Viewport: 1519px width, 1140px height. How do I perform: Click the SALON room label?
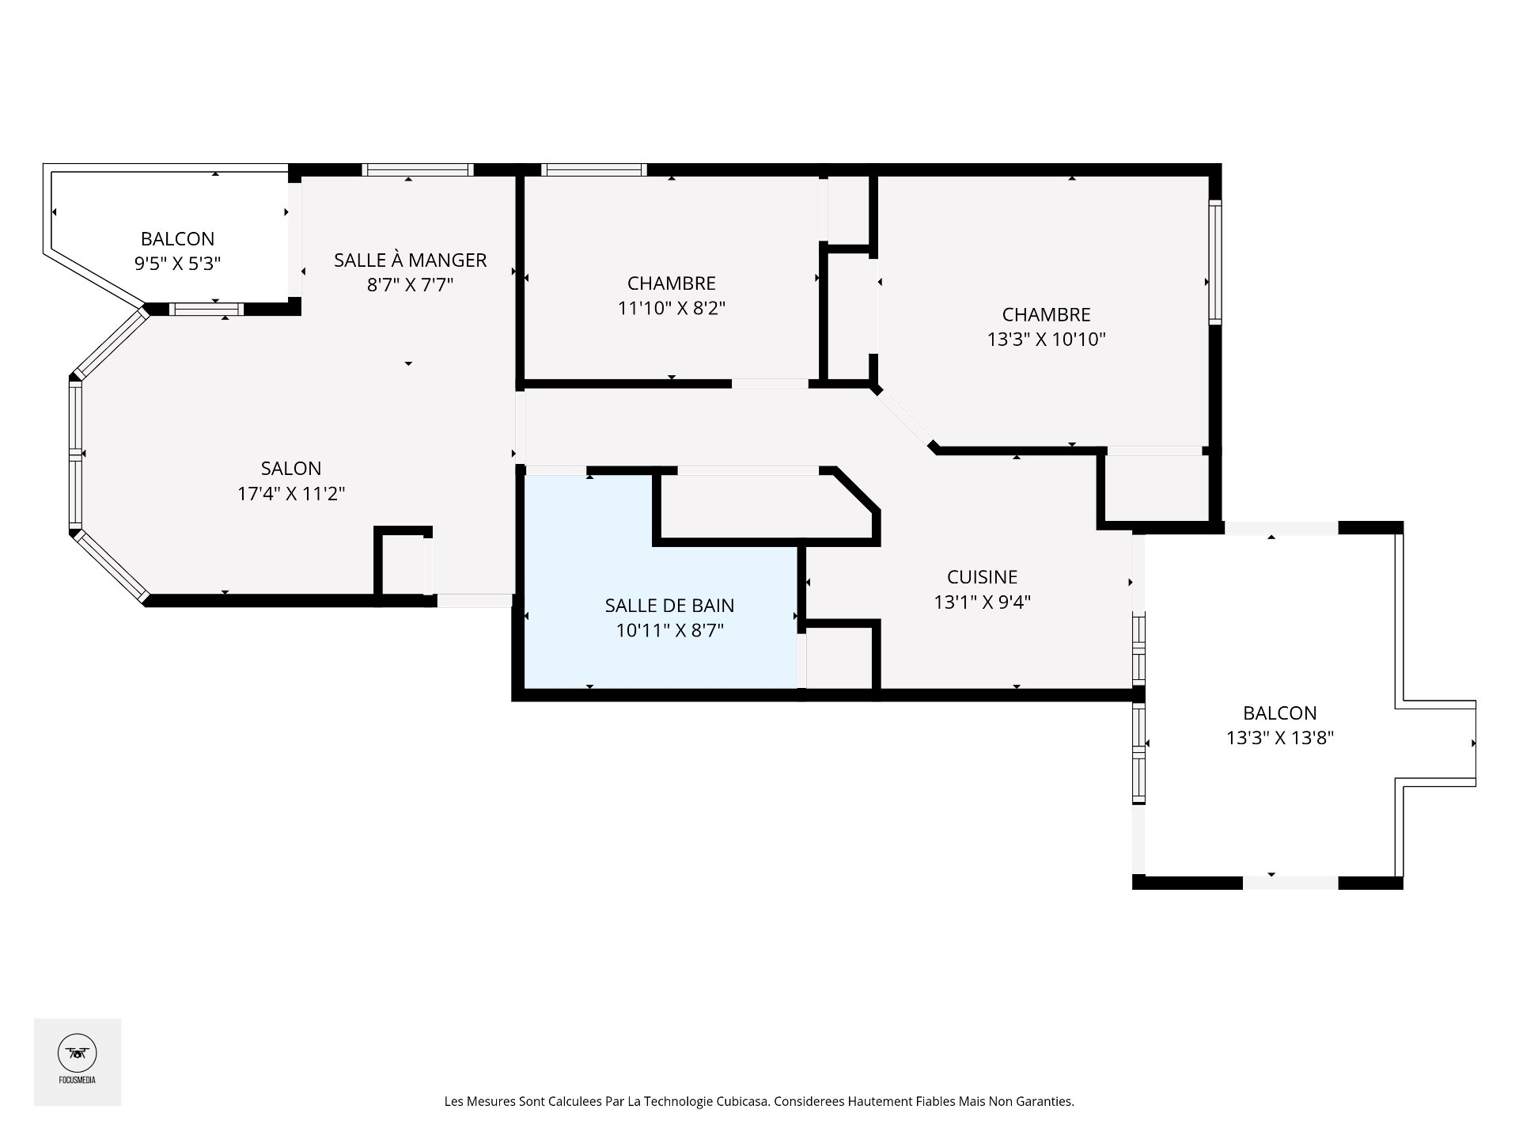291,468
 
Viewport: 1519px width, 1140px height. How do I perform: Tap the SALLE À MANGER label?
410,260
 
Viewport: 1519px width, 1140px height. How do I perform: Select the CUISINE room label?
982,577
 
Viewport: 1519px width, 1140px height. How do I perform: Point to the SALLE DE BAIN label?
669,606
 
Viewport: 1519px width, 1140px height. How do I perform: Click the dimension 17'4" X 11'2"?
291,494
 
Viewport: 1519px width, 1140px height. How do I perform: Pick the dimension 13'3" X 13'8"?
1280,738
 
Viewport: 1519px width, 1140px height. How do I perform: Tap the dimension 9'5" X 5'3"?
177,264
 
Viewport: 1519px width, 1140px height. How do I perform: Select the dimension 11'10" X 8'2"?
671,308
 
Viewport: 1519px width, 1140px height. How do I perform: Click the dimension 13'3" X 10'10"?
1046,340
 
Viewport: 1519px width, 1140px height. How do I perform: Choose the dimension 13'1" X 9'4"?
982,602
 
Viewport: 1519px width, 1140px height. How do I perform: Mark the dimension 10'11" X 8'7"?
669,631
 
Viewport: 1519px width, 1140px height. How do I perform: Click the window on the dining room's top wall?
418,169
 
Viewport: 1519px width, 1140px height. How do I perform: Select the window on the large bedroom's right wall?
1215,262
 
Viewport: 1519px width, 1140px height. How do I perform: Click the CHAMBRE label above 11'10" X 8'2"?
671,283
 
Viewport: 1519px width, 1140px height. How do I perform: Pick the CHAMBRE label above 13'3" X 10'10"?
1046,315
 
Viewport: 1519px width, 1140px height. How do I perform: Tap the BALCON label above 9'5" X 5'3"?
177,239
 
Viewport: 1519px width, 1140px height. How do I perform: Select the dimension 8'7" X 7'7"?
410,285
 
